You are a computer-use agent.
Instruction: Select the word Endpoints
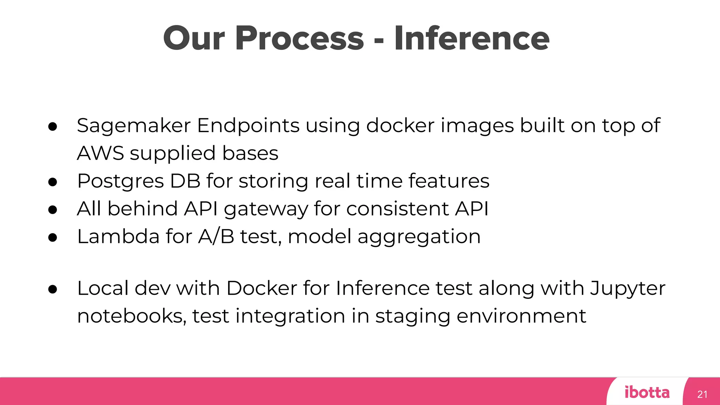[248, 126]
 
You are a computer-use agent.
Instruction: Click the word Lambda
[118, 236]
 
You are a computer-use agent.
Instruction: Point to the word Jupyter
[627, 289]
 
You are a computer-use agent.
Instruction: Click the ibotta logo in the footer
[647, 392]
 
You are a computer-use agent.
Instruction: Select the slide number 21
[702, 394]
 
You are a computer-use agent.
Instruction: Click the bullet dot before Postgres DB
[53, 182]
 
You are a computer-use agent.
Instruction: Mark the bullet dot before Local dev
[53, 289]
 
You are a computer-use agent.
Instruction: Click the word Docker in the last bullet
[262, 288]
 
